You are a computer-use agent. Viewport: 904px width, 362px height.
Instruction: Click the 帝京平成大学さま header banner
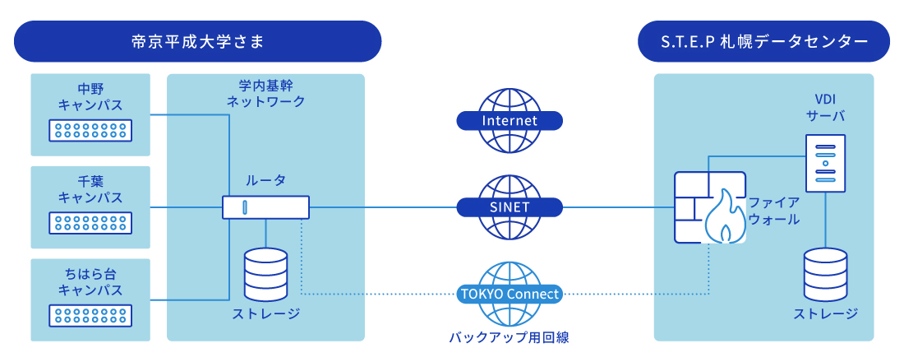(x=197, y=42)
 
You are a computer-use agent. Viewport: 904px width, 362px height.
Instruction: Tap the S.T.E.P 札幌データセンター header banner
(x=763, y=42)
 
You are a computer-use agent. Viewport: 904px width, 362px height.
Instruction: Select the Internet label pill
(x=510, y=121)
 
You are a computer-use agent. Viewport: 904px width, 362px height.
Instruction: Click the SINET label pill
(x=510, y=207)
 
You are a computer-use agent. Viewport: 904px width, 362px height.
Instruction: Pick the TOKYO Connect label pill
(x=510, y=295)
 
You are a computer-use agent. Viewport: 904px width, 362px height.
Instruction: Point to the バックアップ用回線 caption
(x=510, y=337)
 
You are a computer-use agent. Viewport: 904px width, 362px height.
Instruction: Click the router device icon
(x=265, y=207)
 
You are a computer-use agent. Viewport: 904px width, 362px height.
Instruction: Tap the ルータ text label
(x=265, y=180)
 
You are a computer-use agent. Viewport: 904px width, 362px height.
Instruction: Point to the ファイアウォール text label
(x=774, y=211)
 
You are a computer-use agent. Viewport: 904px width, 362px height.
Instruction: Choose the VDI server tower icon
(x=825, y=164)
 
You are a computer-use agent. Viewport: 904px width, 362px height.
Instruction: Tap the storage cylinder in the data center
(x=825, y=274)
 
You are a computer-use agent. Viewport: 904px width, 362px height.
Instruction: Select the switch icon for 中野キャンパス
(x=90, y=130)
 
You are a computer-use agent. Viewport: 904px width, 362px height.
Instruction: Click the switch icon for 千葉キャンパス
(x=90, y=223)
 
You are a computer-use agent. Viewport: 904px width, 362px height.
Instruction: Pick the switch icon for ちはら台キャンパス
(x=90, y=315)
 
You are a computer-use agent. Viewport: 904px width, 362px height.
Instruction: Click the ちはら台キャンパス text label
(x=90, y=281)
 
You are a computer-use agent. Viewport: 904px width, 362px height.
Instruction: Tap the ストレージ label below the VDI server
(x=825, y=314)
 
